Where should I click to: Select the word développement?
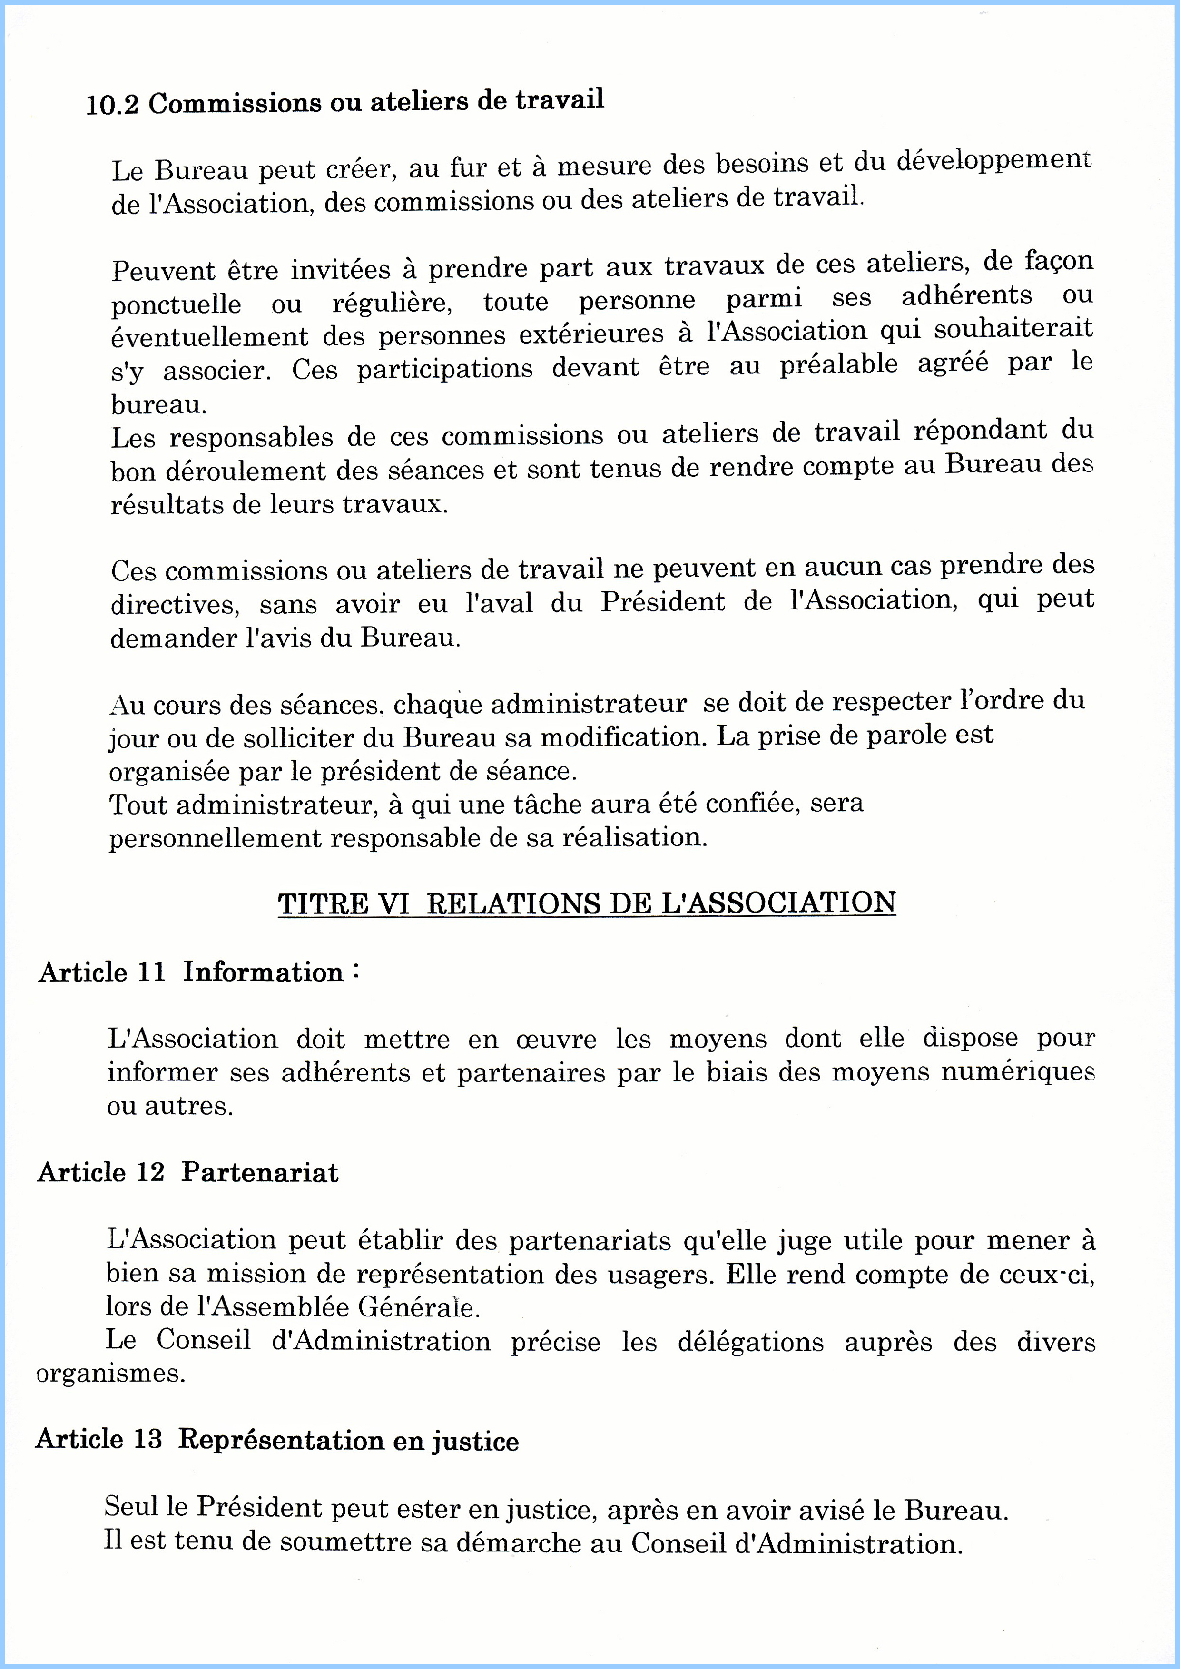[993, 161]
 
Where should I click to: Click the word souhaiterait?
[1013, 329]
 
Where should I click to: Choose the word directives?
[174, 604]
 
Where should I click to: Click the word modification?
[623, 737]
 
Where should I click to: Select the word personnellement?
[215, 838]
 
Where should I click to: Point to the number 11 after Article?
[151, 972]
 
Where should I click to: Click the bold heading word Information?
[263, 972]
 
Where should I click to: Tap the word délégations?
[750, 1341]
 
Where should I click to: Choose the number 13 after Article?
[147, 1439]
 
